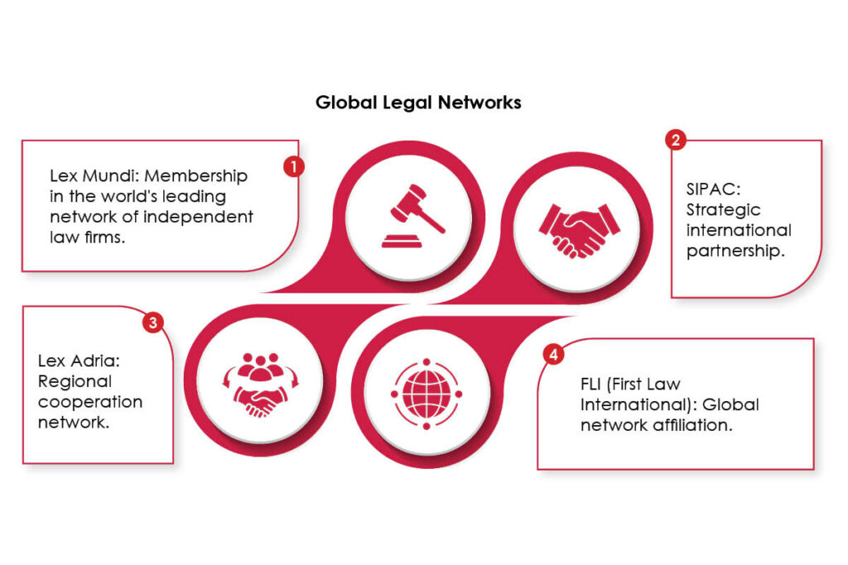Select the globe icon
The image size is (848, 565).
[x=426, y=394]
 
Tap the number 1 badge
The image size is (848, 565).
[x=294, y=166]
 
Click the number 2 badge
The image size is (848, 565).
[x=676, y=140]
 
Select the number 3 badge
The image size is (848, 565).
[x=153, y=323]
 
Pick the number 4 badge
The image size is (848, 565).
[x=553, y=354]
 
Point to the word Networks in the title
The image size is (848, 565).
[x=479, y=102]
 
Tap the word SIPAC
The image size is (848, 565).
[x=713, y=189]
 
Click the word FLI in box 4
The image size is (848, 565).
[x=590, y=384]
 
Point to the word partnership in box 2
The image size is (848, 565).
[x=735, y=251]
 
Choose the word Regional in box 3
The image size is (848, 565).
[x=75, y=381]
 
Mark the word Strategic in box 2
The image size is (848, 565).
[x=723, y=209]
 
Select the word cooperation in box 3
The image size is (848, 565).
[x=90, y=402]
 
